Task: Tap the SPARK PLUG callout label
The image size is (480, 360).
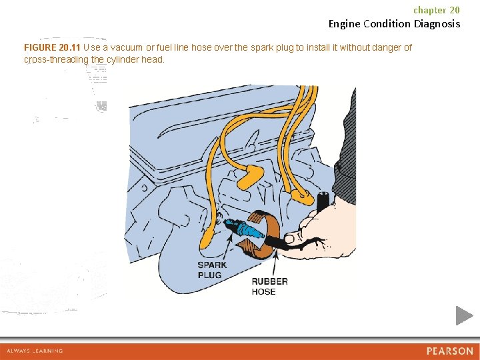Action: click(212, 270)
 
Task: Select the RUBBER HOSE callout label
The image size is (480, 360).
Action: click(269, 286)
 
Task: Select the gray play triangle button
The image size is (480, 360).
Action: click(464, 315)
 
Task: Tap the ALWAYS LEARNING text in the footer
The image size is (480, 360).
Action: click(35, 351)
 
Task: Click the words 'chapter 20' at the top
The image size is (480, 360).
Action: click(436, 10)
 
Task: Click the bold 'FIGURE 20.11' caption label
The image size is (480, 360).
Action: click(52, 48)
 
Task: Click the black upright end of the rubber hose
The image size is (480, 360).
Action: click(323, 201)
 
